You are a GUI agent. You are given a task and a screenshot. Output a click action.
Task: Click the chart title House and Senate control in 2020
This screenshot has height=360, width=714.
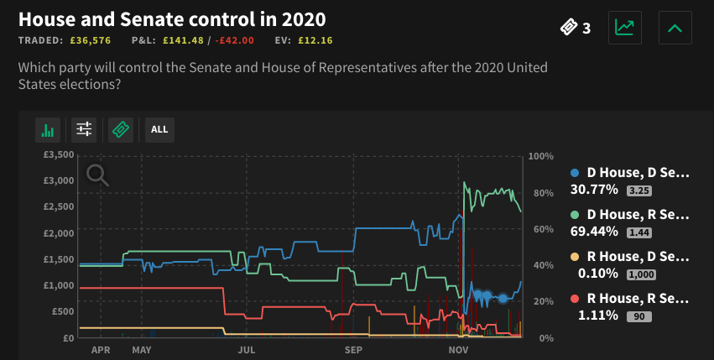(172, 18)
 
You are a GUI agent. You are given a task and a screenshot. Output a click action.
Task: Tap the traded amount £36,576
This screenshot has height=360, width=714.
(88, 39)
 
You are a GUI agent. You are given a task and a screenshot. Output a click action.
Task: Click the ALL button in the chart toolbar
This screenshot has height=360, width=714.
(159, 129)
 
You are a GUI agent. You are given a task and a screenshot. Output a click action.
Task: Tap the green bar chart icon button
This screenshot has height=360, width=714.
(48, 129)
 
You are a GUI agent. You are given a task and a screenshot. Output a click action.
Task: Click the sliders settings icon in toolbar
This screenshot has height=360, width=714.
(84, 129)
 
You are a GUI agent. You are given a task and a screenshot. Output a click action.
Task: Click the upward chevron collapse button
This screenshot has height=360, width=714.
(675, 28)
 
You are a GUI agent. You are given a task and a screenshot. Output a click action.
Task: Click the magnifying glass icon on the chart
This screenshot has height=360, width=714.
(97, 175)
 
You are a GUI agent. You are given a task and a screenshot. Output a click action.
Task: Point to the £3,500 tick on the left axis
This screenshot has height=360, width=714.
(59, 155)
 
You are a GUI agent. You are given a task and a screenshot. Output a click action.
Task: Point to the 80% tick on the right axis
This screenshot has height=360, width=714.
(541, 193)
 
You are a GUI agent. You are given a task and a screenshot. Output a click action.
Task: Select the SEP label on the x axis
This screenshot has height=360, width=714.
(353, 349)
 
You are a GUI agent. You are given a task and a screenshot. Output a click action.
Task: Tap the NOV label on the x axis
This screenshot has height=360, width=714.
(459, 349)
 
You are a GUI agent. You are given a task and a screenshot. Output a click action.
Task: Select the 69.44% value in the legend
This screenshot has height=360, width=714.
(593, 231)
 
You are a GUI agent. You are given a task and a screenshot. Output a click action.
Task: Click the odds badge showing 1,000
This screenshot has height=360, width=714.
(640, 274)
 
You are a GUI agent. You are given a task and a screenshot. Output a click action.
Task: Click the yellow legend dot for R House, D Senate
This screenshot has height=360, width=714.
(575, 257)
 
